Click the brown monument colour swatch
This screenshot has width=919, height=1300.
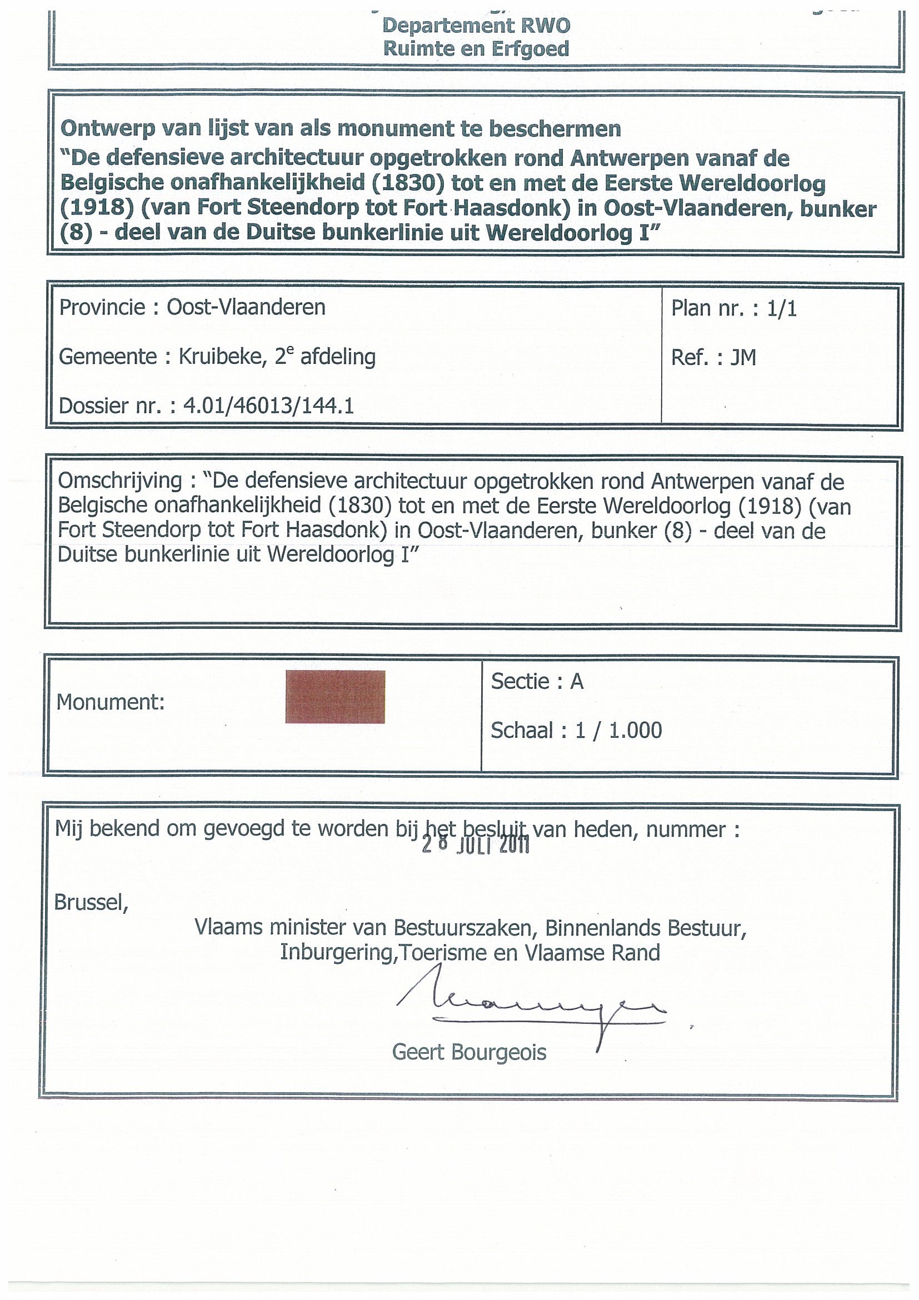tap(334, 697)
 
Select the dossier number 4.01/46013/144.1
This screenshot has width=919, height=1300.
tap(268, 406)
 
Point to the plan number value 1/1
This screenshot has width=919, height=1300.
tap(782, 308)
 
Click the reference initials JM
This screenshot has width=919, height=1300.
tap(743, 357)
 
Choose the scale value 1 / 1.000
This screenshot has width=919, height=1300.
tap(618, 731)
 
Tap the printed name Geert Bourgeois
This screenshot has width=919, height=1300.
tap(469, 1053)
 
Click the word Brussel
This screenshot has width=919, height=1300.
tap(91, 902)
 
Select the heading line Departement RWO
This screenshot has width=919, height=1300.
tap(476, 26)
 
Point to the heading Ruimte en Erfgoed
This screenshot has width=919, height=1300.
tap(476, 49)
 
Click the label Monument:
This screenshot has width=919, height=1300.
tap(111, 702)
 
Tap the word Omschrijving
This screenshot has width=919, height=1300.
tap(119, 481)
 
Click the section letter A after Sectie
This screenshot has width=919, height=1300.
tap(576, 681)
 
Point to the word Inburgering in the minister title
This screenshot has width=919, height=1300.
tap(336, 952)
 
